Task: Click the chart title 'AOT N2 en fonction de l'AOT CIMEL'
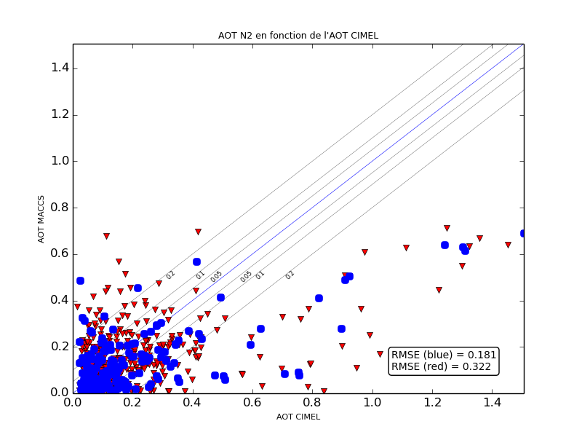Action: [x=298, y=36]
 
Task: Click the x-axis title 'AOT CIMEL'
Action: [x=298, y=417]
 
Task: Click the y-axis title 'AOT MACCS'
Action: [x=41, y=219]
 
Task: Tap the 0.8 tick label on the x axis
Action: [x=313, y=402]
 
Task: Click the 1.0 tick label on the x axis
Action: [x=372, y=402]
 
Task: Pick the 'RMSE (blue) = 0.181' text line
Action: [x=444, y=355]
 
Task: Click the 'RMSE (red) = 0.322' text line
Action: [x=441, y=366]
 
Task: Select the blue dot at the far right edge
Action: [x=523, y=233]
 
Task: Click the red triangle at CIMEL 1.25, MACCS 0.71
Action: [x=447, y=228]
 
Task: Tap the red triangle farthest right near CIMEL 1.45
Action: [x=508, y=245]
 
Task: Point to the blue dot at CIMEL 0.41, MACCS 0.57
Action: [x=196, y=261]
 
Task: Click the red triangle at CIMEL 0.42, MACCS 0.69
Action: [x=198, y=232]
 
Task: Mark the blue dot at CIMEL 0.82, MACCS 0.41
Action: [x=319, y=298]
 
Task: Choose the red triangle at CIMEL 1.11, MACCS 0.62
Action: [x=406, y=248]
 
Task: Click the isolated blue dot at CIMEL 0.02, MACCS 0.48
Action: [x=80, y=280]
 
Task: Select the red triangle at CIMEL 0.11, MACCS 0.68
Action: [x=106, y=236]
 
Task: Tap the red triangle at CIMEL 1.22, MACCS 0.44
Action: [x=439, y=290]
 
